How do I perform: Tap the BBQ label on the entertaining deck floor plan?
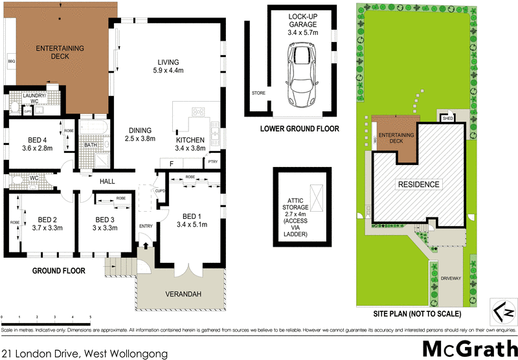11,62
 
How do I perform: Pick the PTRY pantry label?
212,162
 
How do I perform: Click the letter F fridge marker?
172,163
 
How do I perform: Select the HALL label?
107,183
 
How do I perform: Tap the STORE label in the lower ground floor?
258,93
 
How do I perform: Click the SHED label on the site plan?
447,118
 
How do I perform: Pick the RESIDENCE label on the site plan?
418,185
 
